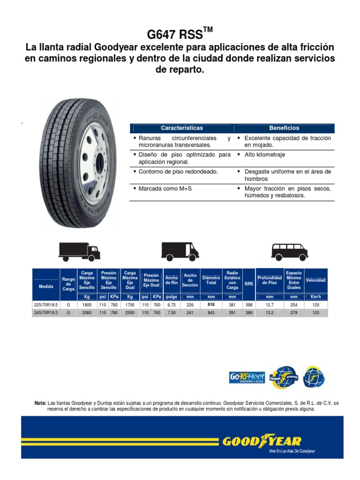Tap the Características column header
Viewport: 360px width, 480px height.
pyautogui.click(x=181, y=128)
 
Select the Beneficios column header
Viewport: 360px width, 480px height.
pyautogui.click(x=284, y=128)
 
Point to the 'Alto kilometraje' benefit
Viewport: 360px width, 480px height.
pyautogui.click(x=265, y=155)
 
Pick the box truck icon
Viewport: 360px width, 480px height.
pyautogui.click(x=79, y=251)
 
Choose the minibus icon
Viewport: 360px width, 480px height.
pyautogui.click(x=290, y=251)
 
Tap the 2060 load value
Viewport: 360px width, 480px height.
pyautogui.click(x=87, y=313)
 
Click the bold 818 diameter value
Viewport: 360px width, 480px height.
pyautogui.click(x=211, y=305)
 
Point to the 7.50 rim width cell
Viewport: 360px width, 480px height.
pyautogui.click(x=172, y=313)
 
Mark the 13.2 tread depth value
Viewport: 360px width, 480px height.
pyautogui.click(x=270, y=313)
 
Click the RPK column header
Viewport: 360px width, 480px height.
pyautogui.click(x=249, y=283)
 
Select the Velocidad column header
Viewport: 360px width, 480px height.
pyautogui.click(x=315, y=280)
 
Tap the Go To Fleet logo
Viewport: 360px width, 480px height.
pyautogui.click(x=247, y=377)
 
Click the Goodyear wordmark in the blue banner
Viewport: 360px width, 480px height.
pyautogui.click(x=262, y=442)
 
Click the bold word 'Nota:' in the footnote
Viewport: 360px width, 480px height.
pyautogui.click(x=40, y=403)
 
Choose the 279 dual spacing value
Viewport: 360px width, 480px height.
pyautogui.click(x=294, y=313)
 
